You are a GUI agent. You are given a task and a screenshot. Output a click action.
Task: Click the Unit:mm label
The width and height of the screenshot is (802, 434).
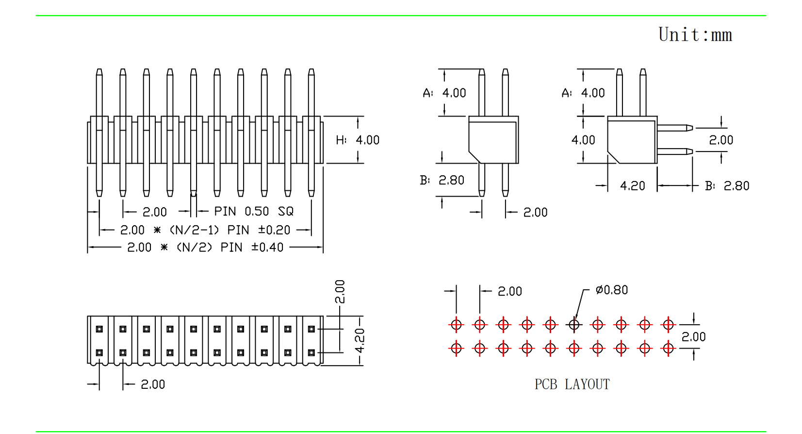point(695,35)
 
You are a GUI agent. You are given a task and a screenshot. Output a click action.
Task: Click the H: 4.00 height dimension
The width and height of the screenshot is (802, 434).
point(358,140)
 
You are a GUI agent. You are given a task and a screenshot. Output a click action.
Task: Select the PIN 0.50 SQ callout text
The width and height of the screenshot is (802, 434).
point(254,212)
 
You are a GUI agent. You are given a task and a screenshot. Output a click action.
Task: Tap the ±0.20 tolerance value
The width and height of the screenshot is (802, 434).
point(274,230)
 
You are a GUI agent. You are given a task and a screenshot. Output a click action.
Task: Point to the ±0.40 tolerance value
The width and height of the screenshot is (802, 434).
point(267,248)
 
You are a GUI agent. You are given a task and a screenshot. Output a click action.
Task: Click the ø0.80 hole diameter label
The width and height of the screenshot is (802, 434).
point(611,290)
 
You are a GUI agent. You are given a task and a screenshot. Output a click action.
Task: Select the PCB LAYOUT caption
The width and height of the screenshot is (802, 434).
point(572,384)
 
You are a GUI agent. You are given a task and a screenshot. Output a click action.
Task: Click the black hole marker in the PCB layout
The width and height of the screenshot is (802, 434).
point(574,324)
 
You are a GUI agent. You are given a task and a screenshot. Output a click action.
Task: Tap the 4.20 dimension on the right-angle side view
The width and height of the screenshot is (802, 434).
point(632,186)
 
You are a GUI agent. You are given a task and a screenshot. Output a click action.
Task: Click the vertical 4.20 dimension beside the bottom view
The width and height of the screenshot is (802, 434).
point(360,340)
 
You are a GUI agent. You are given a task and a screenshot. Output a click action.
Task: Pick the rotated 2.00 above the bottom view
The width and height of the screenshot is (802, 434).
point(340,291)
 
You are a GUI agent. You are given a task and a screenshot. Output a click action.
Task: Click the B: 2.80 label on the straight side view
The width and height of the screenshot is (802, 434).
point(442,181)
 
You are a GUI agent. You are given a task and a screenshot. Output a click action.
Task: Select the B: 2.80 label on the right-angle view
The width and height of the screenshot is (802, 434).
point(727,186)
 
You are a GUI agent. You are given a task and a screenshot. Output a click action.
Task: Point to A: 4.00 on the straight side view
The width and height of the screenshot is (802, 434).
point(444,93)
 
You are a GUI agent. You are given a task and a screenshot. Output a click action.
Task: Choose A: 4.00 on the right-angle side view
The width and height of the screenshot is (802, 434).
point(583,93)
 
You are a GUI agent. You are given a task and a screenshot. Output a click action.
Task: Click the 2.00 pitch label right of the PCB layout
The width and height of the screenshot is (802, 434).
point(693,337)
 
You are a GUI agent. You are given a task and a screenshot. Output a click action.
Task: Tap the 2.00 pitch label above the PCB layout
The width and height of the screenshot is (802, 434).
point(509,291)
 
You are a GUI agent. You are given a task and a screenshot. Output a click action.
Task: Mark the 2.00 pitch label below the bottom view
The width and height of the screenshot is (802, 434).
point(153,384)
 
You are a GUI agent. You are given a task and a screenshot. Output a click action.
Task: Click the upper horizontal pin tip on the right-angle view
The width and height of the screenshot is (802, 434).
point(689,128)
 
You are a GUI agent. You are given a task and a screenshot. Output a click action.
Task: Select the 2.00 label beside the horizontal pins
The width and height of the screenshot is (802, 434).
point(721,140)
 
